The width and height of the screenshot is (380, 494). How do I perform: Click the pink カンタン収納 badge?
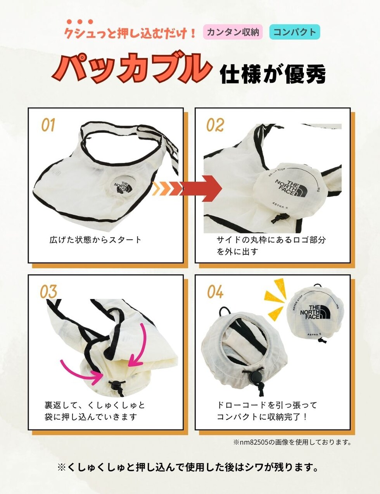tap(233, 32)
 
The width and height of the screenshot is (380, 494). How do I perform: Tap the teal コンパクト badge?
tap(295, 32)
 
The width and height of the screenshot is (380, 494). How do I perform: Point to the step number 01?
tap(48, 125)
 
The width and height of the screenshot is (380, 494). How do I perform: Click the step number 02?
tap(215, 125)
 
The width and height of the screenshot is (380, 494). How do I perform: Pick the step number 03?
tap(48, 292)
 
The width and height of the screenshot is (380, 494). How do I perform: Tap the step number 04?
tap(215, 292)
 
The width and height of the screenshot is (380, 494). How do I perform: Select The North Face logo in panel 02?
tap(291, 188)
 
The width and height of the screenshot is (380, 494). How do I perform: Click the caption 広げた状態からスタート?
tap(95, 240)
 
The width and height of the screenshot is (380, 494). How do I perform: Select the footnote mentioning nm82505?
tap(292, 442)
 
